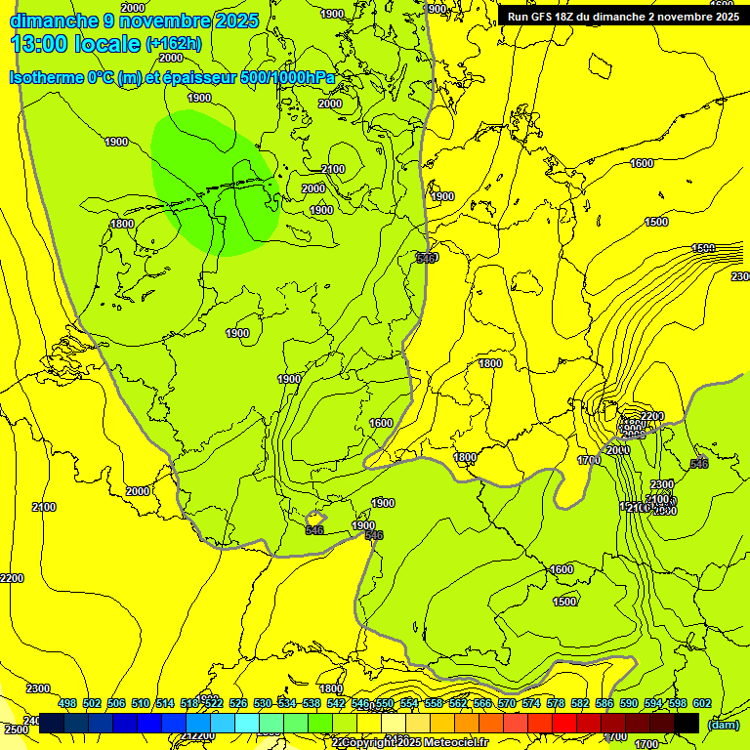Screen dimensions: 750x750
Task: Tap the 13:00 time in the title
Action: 40,44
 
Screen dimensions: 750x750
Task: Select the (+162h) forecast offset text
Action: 174,44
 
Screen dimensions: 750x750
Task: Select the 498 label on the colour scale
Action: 67,703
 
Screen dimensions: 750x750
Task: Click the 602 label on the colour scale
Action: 702,703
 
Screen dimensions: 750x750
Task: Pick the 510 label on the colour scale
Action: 141,703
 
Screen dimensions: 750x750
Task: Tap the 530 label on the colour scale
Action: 263,703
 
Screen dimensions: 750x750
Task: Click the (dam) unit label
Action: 723,724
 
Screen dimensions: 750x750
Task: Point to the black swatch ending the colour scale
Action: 687,723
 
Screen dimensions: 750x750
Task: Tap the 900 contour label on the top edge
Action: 437,9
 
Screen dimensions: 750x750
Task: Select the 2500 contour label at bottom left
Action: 16,729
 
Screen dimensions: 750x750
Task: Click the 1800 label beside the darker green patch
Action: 122,224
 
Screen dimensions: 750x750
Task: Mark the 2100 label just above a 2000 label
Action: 333,169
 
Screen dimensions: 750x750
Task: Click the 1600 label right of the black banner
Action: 642,163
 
